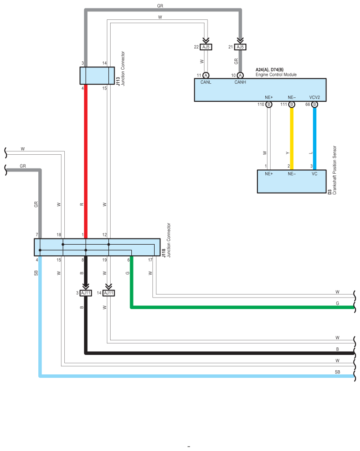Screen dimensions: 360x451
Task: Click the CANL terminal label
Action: [x=206, y=82]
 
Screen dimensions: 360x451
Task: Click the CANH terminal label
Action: [x=240, y=82]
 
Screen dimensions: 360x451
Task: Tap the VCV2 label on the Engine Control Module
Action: [x=315, y=97]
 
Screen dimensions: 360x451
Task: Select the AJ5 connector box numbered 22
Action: [x=206, y=47]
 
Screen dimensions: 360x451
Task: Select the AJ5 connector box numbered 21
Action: [x=240, y=47]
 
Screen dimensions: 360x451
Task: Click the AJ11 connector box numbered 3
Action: [x=85, y=293]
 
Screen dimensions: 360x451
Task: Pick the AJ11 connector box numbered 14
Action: [x=109, y=293]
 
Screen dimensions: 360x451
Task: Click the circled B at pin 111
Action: [x=292, y=104]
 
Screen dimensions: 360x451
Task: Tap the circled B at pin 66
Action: [x=315, y=104]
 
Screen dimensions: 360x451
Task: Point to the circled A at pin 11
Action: [x=206, y=75]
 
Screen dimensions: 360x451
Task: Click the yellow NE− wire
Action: [x=292, y=138]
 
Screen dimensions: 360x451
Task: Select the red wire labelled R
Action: [x=85, y=161]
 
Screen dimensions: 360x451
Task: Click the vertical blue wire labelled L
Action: [x=315, y=138]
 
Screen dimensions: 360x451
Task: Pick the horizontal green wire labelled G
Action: [x=243, y=307]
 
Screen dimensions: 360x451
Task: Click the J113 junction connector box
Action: [x=97, y=76]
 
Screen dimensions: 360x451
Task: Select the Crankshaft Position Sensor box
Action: [x=292, y=182]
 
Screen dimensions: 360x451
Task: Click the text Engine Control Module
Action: [x=276, y=75]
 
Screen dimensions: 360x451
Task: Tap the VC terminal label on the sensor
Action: [x=315, y=174]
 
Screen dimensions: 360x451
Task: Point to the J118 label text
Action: [x=163, y=253]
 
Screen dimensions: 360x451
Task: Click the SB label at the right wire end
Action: [x=337, y=372]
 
